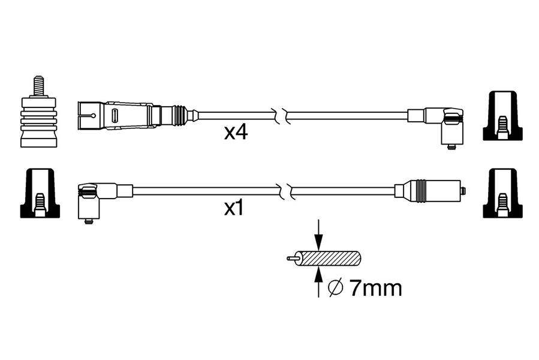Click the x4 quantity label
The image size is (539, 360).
[x=236, y=133]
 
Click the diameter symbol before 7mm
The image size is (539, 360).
[x=336, y=289]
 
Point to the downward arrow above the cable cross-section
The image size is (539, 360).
[x=318, y=235]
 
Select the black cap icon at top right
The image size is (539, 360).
[x=502, y=116]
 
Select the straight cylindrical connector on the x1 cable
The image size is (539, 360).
[x=429, y=191]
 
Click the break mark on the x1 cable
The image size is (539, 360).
[x=285, y=191]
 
